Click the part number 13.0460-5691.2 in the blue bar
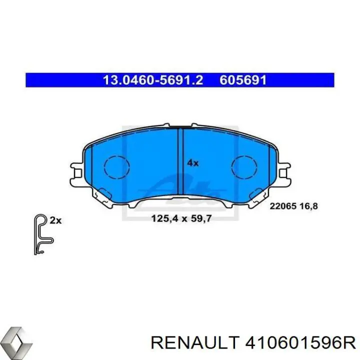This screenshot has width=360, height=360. tap(153, 80)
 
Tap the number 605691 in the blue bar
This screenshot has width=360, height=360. tap(243, 80)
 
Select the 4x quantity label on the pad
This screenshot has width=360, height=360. tap(193, 162)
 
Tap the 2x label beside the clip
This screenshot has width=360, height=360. tap(55, 219)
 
